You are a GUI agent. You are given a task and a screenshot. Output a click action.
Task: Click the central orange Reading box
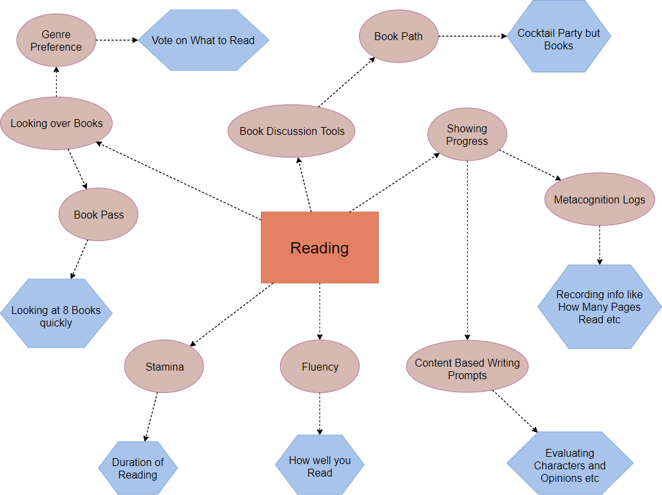(x=319, y=247)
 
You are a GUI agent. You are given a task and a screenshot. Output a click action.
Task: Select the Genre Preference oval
(x=56, y=41)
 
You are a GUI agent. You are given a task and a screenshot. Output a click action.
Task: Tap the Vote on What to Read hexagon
(x=203, y=40)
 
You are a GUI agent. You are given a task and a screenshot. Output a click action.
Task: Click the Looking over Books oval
(x=57, y=123)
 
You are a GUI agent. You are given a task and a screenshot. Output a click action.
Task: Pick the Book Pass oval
(x=99, y=215)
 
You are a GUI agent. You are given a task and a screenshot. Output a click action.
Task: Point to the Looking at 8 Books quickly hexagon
(x=56, y=313)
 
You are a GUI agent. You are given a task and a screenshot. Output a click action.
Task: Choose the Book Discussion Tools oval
(x=292, y=131)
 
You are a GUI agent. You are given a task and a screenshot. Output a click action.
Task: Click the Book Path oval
(x=399, y=36)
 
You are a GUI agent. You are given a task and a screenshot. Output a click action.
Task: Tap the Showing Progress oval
(x=467, y=134)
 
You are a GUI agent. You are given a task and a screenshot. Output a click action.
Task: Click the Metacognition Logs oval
(x=599, y=200)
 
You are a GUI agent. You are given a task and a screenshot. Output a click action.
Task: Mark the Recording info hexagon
(x=599, y=307)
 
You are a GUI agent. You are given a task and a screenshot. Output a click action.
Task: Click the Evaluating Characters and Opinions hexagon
(x=570, y=463)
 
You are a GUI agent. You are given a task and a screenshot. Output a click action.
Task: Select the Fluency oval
(x=319, y=367)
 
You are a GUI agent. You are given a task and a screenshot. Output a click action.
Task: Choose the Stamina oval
(x=165, y=367)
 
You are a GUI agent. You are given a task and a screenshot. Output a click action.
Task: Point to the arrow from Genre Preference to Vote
(x=117, y=40)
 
